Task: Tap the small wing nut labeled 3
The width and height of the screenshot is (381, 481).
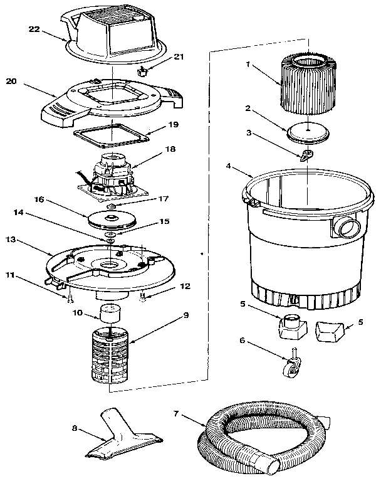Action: pyautogui.click(x=307, y=155)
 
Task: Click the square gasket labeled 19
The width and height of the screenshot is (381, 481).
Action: pyautogui.click(x=112, y=134)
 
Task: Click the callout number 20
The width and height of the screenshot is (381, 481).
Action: pyautogui.click(x=11, y=80)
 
